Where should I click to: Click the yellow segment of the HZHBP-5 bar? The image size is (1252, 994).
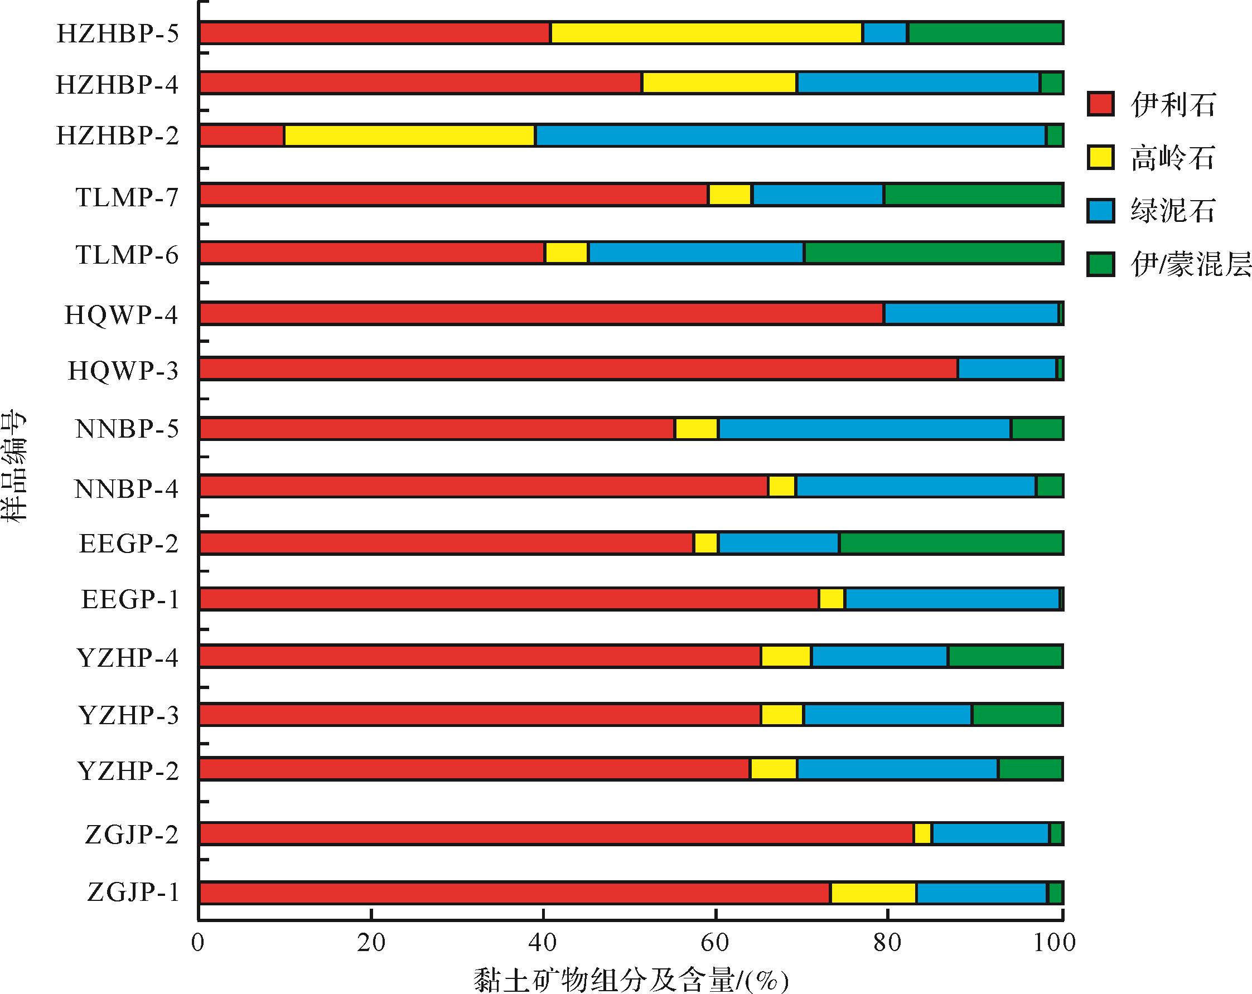707,33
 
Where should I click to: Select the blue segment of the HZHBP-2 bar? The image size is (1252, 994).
790,135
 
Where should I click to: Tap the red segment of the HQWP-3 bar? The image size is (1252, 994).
578,368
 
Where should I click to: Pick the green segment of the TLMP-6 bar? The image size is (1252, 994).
933,253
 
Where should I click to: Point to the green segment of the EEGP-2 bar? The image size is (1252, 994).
951,543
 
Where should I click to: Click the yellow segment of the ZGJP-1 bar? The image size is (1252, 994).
873,893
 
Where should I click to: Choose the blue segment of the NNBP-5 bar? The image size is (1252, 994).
864,429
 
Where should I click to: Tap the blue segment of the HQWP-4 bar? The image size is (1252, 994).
970,313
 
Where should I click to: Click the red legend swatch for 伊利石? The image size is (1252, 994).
1100,104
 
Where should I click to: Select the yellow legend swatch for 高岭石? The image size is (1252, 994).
1100,157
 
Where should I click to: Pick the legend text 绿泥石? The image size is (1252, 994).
1172,210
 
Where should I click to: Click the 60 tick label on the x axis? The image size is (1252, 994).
715,943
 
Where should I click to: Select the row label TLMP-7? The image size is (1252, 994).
127,197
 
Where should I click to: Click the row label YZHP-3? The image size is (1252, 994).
128,715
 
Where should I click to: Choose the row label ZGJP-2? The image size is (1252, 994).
132,835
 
